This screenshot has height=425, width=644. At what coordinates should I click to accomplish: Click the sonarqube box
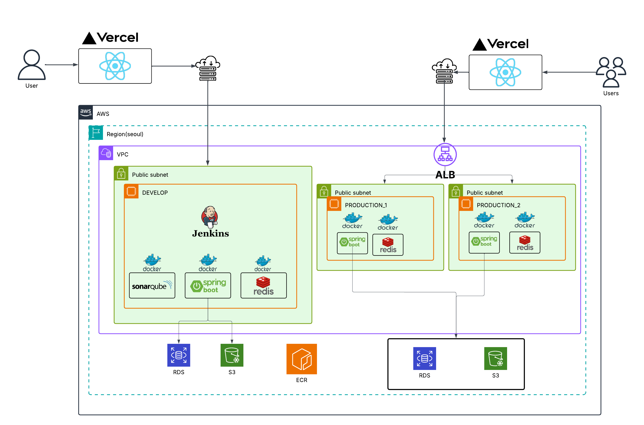pyautogui.click(x=152, y=285)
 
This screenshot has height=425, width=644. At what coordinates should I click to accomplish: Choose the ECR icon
pyautogui.click(x=301, y=359)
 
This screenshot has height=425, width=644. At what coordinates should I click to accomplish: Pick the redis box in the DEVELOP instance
pyautogui.click(x=263, y=285)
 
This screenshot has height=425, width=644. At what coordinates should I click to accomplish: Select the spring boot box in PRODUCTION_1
pyautogui.click(x=352, y=243)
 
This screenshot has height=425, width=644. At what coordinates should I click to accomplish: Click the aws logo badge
pyautogui.click(x=86, y=112)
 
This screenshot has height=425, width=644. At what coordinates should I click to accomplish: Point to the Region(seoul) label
pyautogui.click(x=125, y=134)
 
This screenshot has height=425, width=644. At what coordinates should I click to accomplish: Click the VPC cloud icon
pyautogui.click(x=106, y=153)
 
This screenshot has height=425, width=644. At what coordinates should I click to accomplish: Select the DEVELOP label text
pyautogui.click(x=155, y=193)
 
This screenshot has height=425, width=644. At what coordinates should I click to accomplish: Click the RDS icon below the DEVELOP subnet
pyautogui.click(x=178, y=355)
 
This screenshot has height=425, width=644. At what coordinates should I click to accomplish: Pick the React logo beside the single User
pyautogui.click(x=115, y=66)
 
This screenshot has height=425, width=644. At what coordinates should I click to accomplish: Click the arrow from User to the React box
pyautogui.click(x=61, y=65)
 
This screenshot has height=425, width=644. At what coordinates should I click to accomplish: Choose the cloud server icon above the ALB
pyautogui.click(x=444, y=71)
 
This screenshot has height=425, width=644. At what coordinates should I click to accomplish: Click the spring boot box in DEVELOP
pyautogui.click(x=208, y=285)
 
